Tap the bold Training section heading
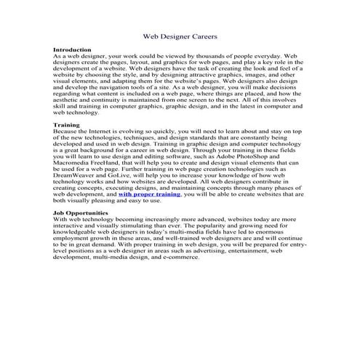[x=67, y=125]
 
